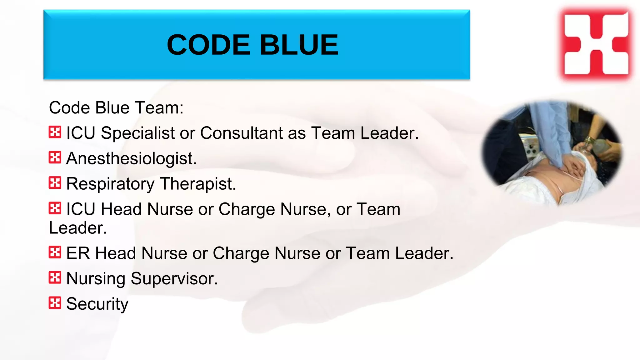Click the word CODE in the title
(x=208, y=45)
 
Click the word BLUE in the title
(x=299, y=45)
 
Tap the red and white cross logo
(x=596, y=43)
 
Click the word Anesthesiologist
(x=131, y=158)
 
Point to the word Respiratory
(x=110, y=184)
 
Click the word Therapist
(x=198, y=184)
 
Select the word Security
(x=97, y=304)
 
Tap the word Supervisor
(x=174, y=278)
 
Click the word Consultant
(x=241, y=133)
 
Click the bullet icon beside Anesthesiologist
(x=55, y=157)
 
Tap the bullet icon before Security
(x=55, y=303)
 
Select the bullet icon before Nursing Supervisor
(x=55, y=277)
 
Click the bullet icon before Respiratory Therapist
(x=55, y=183)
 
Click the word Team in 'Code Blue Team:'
(x=159, y=108)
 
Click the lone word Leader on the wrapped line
(x=78, y=228)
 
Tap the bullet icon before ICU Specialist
(x=55, y=132)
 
